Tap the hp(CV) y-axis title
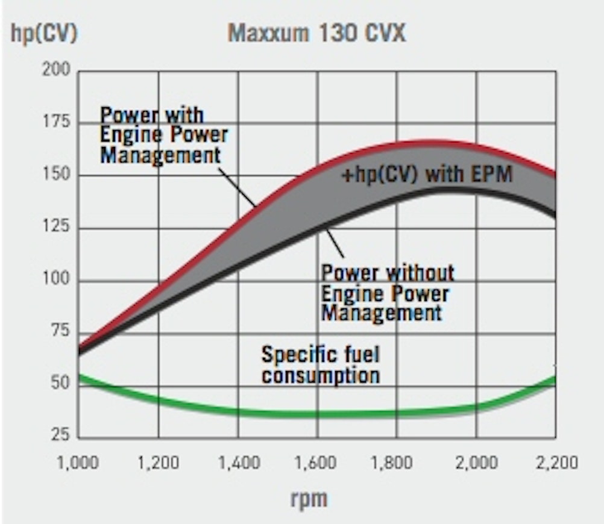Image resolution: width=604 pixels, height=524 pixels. click(44, 33)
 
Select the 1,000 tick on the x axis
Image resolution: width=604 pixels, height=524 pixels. click(79, 463)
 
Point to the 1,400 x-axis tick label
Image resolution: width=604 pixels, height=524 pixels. click(238, 463)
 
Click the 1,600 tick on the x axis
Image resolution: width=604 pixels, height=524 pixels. click(317, 463)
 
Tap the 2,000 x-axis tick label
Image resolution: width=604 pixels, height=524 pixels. click(476, 463)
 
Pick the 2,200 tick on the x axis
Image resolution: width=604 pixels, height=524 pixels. click(555, 463)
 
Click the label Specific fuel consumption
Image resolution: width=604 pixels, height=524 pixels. click(320, 364)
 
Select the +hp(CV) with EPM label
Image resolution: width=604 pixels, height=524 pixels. click(426, 175)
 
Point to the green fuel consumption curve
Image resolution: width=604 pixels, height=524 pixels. click(301, 414)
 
